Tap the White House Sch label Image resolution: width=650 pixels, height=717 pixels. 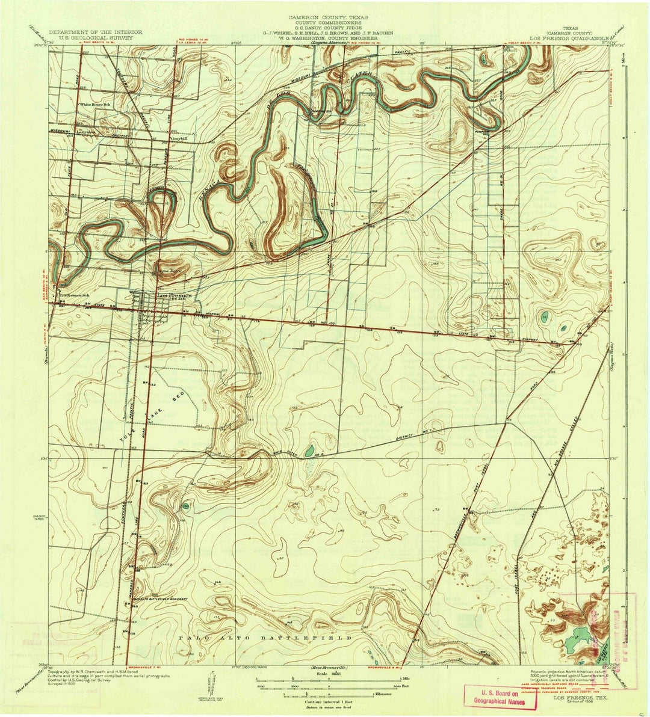click(96, 104)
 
